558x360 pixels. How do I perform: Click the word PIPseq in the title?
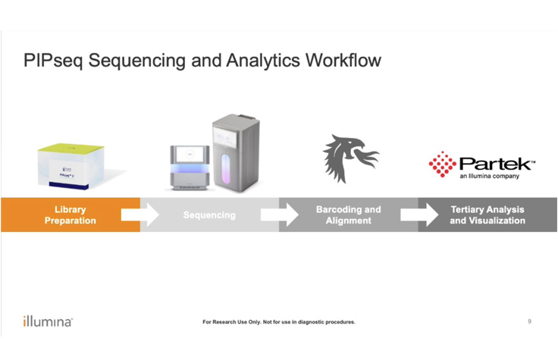pos(52,61)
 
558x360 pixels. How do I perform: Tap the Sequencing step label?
pos(209,215)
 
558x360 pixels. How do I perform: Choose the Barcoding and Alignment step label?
pos(348,214)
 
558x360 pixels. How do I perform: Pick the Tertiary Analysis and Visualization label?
pos(487,214)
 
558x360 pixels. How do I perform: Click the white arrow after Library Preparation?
pos(139,214)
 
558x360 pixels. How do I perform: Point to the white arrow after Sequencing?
pos(279,214)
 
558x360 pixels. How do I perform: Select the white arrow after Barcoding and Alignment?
pos(418,214)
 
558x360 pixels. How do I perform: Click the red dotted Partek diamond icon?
pos(442,163)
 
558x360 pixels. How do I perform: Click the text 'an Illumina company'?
pos(491,177)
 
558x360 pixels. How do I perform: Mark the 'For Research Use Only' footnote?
pos(279,322)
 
